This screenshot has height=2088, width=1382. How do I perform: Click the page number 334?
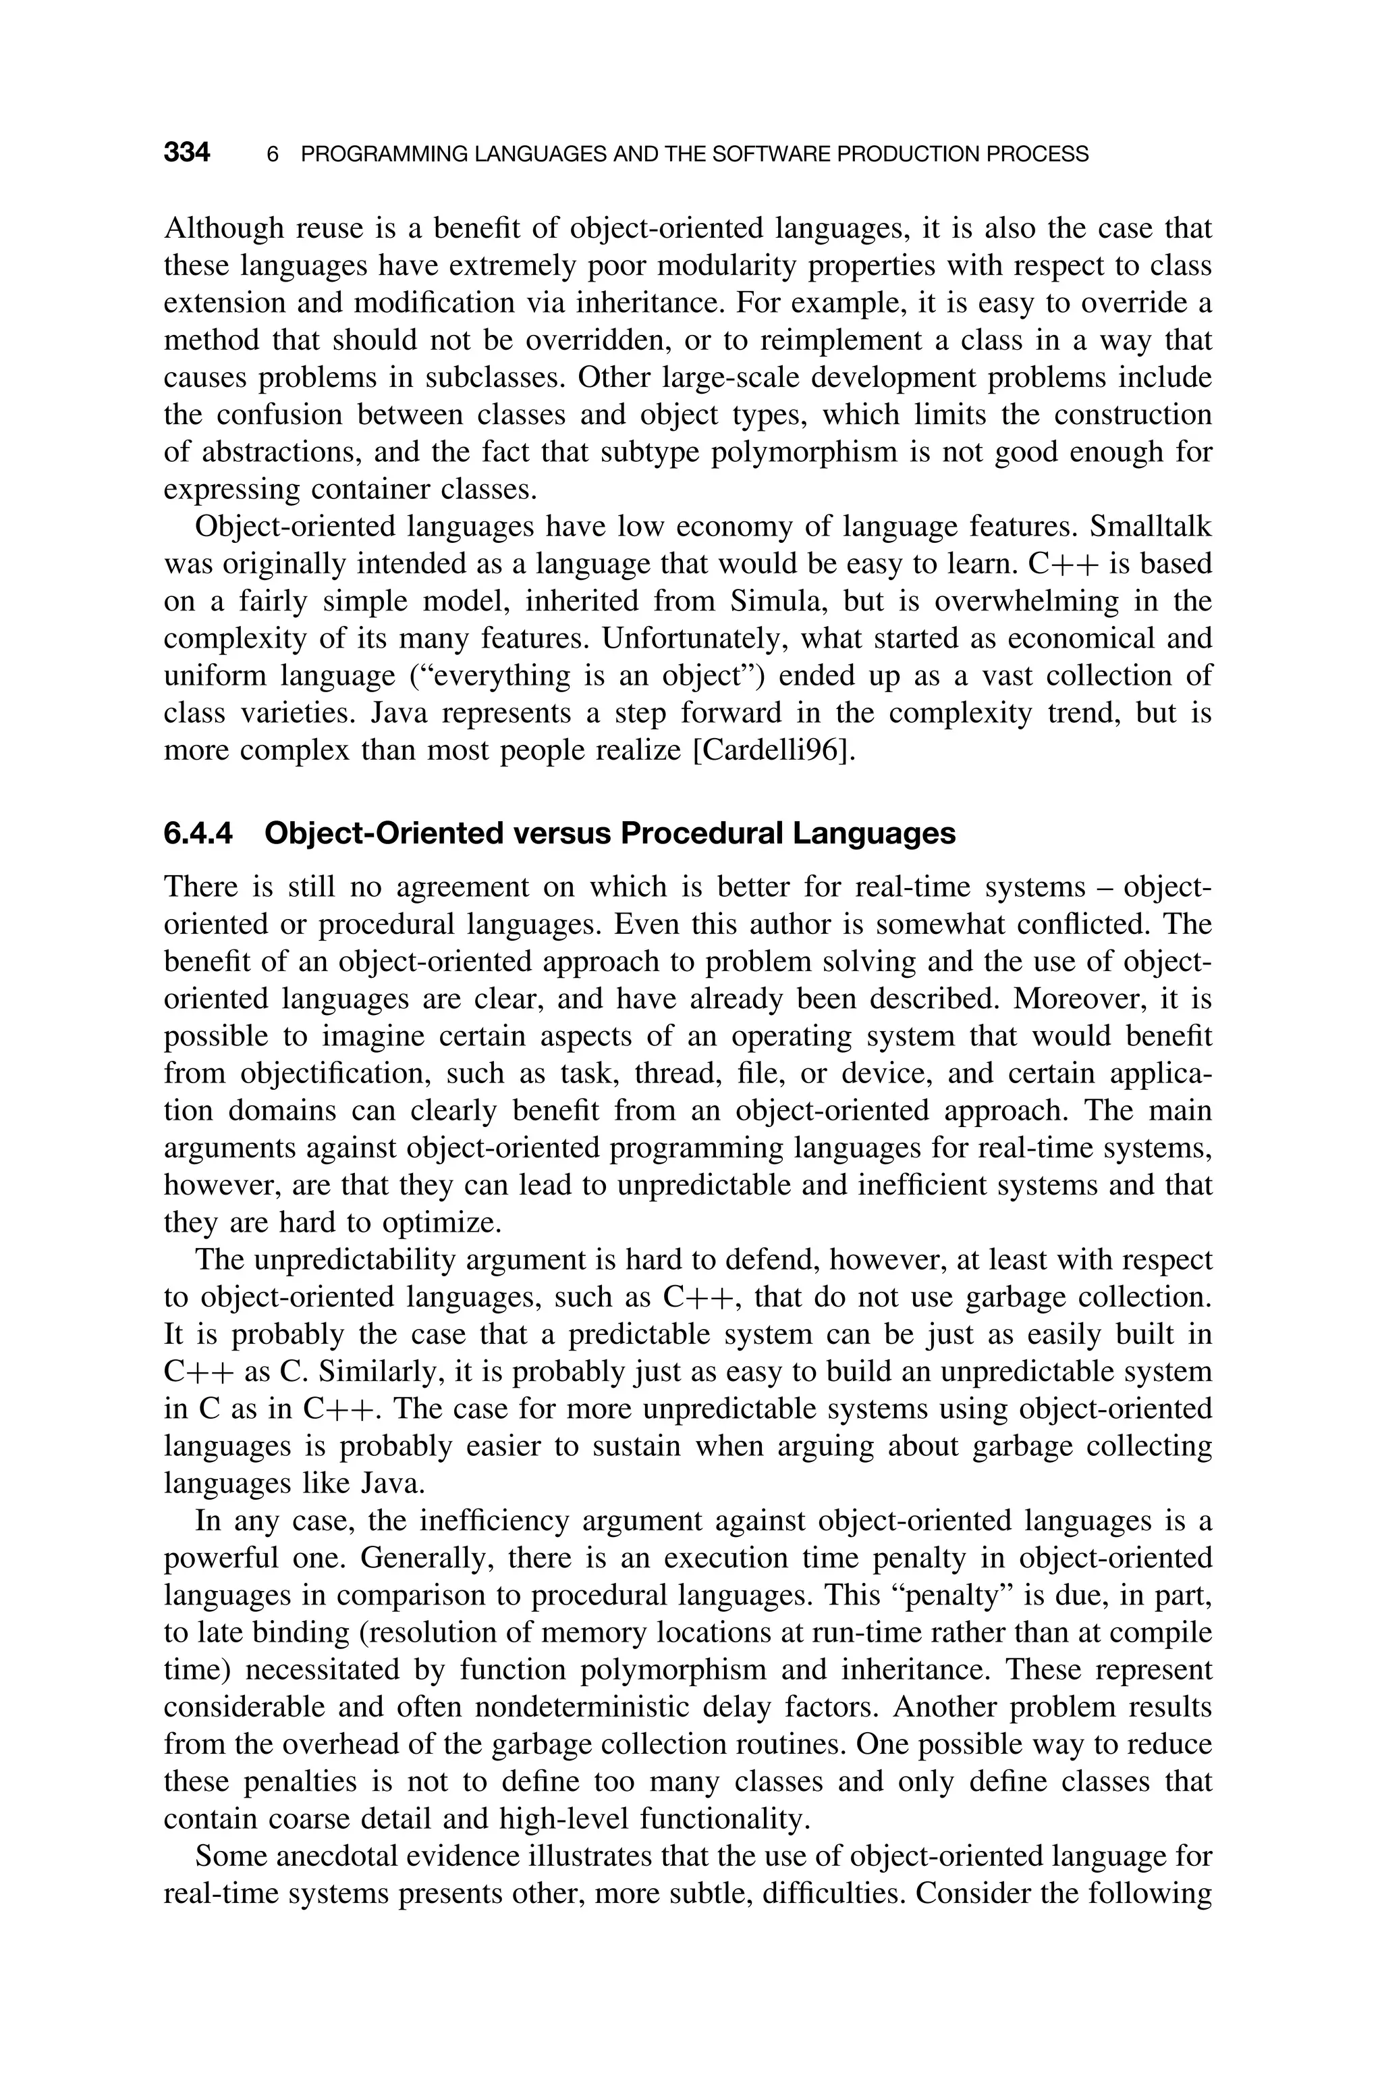point(187,153)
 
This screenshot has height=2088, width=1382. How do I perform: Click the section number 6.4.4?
point(198,833)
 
